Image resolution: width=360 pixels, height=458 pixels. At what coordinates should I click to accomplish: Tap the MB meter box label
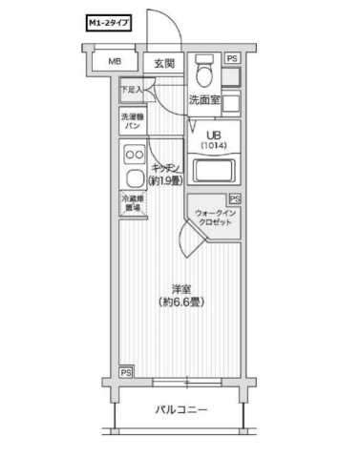pos(114,63)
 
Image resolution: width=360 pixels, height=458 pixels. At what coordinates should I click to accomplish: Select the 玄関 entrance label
pos(164,64)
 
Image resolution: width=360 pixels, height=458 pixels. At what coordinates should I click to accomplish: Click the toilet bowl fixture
pos(202,73)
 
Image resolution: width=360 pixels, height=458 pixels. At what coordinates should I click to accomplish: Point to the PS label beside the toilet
pos(231,58)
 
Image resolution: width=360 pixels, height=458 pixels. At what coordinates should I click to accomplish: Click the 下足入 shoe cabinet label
pos(131,91)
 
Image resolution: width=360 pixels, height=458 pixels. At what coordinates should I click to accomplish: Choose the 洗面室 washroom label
pos(203,98)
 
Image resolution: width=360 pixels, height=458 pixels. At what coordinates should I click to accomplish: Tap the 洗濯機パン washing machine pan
pos(131,121)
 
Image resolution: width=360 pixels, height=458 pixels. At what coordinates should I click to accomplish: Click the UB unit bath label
pos(212,134)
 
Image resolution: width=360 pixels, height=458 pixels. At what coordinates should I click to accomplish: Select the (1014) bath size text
pos(212,145)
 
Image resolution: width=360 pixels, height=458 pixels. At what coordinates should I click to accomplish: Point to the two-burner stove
pos(132,155)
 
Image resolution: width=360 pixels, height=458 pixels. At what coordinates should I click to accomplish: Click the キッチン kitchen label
pos(165,167)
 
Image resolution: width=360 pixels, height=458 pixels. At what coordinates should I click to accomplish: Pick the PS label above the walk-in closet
pos(234,198)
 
